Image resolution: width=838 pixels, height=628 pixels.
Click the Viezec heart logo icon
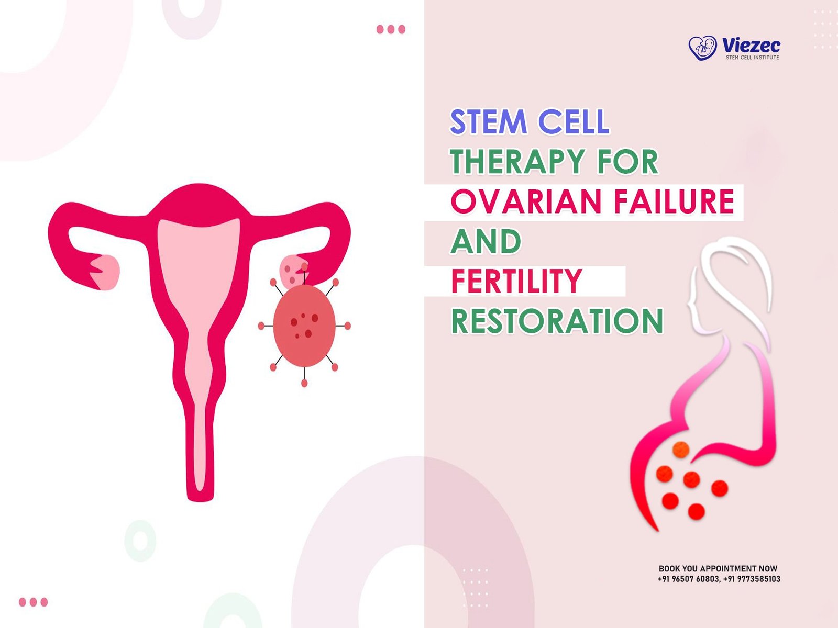(702, 48)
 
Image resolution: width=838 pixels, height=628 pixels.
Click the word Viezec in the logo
(751, 45)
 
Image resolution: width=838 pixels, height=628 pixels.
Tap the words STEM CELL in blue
(529, 122)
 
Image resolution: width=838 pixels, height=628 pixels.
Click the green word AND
(486, 242)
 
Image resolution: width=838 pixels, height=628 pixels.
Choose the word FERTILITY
(516, 281)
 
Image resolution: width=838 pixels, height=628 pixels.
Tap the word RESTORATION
(557, 321)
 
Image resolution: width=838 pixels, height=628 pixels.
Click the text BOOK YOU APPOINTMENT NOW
(718, 568)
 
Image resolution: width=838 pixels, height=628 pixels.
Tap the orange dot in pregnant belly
(680, 449)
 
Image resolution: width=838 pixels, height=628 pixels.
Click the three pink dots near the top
(391, 29)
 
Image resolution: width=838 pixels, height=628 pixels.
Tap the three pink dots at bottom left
(33, 602)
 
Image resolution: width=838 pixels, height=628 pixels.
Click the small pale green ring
(140, 540)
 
